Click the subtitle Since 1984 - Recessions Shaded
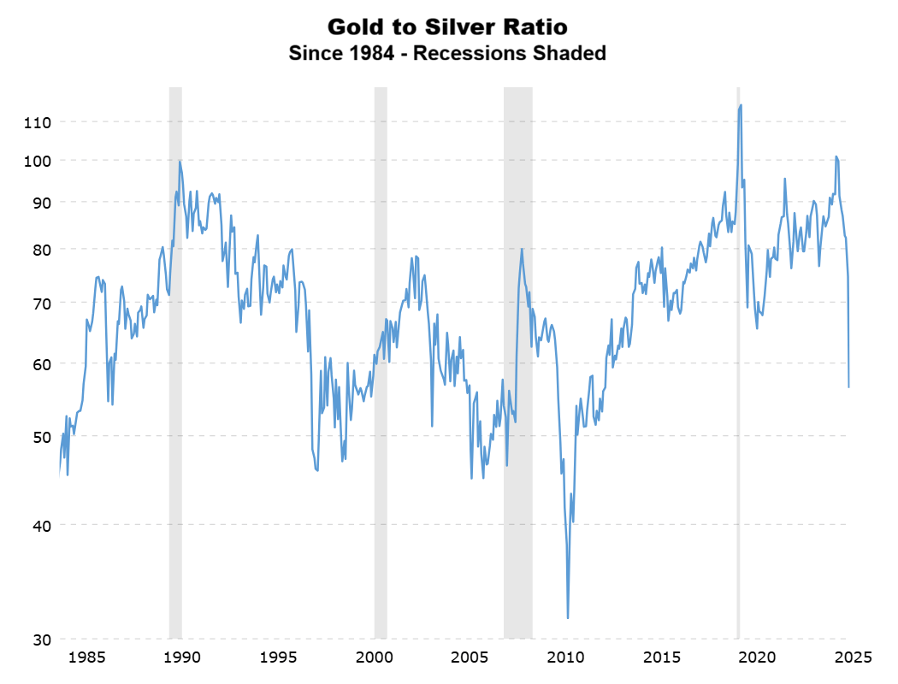[x=447, y=53]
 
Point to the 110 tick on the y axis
[x=38, y=122]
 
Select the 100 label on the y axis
[x=38, y=161]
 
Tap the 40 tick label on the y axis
[x=42, y=525]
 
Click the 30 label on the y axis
[x=42, y=640]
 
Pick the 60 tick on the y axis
[x=42, y=363]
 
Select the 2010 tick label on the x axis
[x=565, y=657]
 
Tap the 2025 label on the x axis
[x=853, y=657]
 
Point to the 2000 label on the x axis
[x=374, y=657]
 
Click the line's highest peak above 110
[x=741, y=105]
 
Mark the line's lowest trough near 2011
[x=568, y=617]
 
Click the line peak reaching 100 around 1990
[x=180, y=161]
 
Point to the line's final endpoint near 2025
[x=848, y=386]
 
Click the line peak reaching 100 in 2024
[x=836, y=156]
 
